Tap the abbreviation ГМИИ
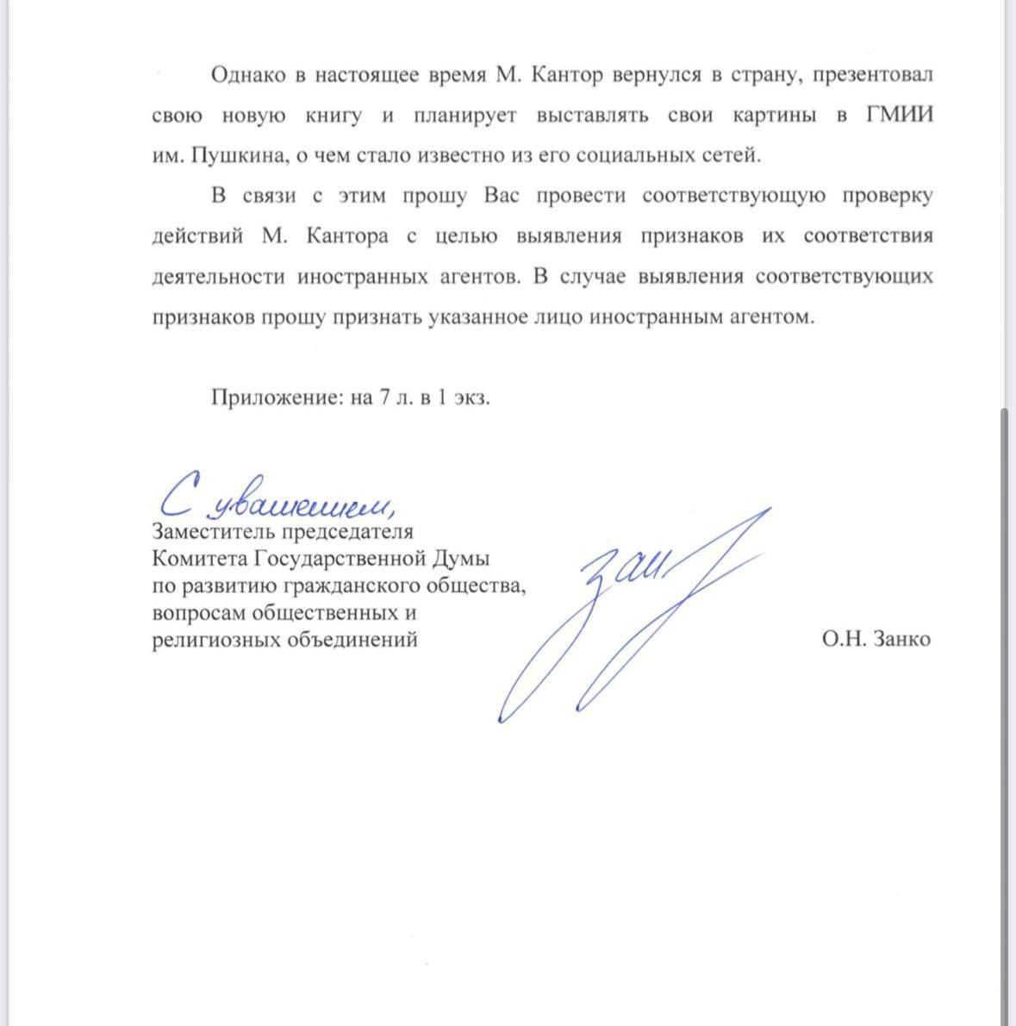[899, 116]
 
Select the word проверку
[888, 196]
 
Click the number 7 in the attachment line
[384, 397]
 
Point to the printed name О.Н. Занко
[876, 639]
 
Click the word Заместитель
[209, 532]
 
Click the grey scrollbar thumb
[1003, 716]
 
